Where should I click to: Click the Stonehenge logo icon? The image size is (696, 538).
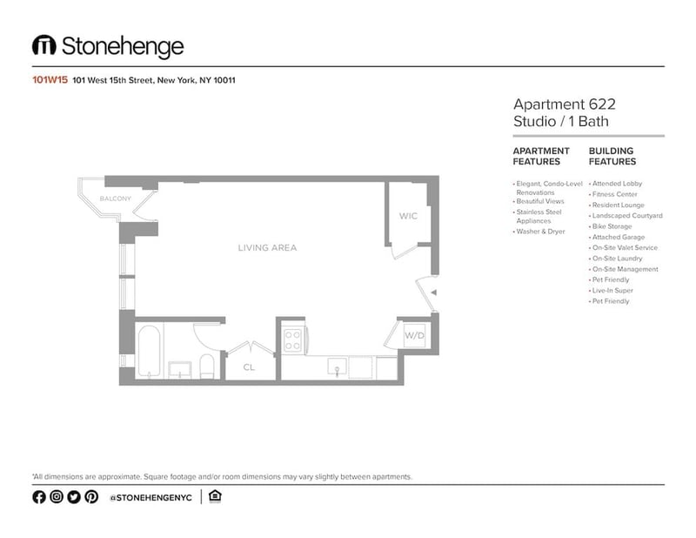[44, 45]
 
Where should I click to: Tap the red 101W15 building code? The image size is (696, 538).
[50, 80]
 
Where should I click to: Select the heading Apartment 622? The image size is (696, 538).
[564, 104]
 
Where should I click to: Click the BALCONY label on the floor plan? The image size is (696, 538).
[116, 198]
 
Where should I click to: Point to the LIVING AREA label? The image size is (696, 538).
[267, 248]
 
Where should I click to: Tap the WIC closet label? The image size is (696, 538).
[408, 217]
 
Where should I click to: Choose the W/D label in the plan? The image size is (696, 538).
[414, 335]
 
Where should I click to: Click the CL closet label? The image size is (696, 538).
[249, 367]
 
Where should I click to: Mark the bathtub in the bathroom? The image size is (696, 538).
[149, 352]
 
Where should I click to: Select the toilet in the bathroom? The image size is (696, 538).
[207, 367]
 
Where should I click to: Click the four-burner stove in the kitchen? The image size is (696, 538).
[292, 340]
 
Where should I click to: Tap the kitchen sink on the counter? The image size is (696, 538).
[338, 367]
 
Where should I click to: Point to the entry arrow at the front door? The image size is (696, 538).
[433, 293]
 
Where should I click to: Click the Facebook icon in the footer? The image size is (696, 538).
[39, 497]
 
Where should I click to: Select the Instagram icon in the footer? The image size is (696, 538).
[57, 497]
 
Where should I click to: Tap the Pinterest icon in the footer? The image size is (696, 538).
[91, 497]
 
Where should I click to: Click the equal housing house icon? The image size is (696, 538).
[215, 496]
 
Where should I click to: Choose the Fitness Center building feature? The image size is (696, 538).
[615, 194]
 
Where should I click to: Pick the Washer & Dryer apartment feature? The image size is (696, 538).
[540, 232]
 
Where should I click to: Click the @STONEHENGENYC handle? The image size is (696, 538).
[151, 498]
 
